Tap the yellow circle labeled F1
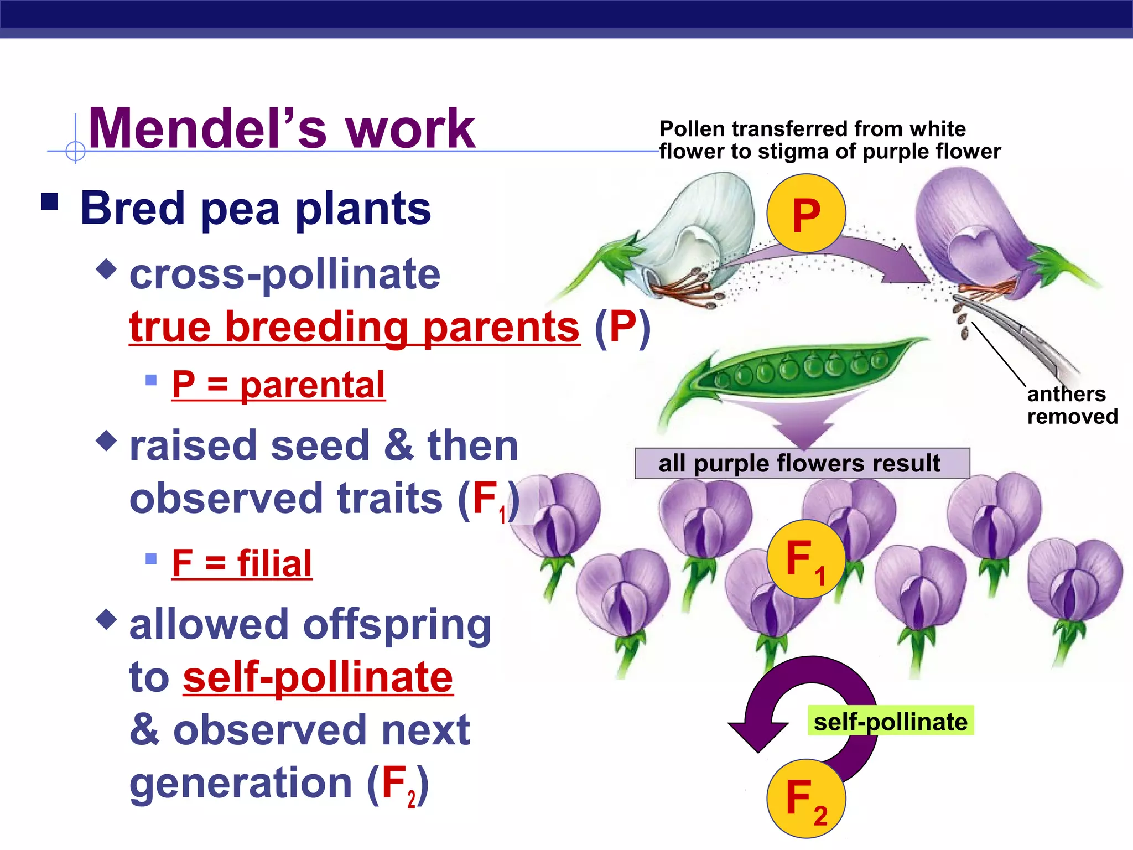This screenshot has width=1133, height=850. (x=806, y=559)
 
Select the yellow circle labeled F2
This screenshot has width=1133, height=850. (x=806, y=799)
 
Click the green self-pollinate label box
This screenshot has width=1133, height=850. (x=890, y=721)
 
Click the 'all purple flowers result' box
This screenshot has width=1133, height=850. (x=802, y=463)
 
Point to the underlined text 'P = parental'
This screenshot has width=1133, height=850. (x=278, y=385)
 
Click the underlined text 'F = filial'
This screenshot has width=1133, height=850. (x=242, y=563)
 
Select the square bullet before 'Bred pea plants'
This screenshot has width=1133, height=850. (x=50, y=202)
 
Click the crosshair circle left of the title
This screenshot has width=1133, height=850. (x=75, y=151)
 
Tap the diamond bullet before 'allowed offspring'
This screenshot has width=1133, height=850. (x=106, y=619)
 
